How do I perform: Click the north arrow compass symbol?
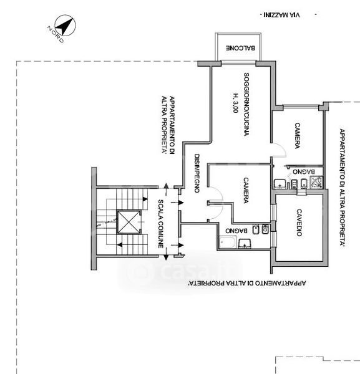tap(65, 26)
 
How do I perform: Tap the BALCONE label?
tap(240, 48)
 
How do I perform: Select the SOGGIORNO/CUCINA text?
tap(246, 104)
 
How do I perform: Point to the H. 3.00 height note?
tap(236, 103)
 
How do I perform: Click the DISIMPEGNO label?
tap(197, 173)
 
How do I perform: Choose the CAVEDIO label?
tap(299, 223)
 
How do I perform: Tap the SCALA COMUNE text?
tap(161, 224)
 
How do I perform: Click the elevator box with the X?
tap(129, 222)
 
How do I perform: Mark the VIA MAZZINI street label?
tap(282, 15)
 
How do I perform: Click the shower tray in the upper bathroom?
tap(316, 183)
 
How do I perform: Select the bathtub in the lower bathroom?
tap(228, 242)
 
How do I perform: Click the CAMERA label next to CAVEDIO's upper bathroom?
tap(297, 136)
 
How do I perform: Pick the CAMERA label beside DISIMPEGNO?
tap(246, 190)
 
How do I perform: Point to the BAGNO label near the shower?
tap(304, 171)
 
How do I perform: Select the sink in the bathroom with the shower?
tap(279, 184)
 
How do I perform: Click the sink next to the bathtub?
tap(244, 244)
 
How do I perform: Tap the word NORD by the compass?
tap(56, 34)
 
